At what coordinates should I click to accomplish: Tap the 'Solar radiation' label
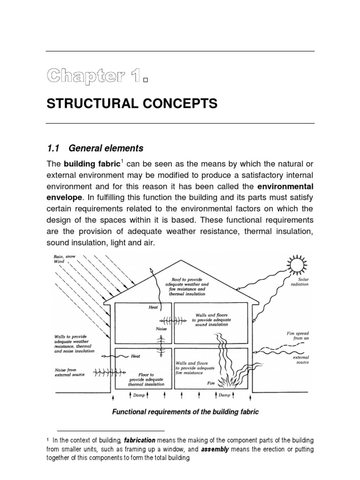(300, 282)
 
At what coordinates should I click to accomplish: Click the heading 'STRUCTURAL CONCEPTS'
(132, 104)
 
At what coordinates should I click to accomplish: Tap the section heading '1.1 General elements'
(95, 148)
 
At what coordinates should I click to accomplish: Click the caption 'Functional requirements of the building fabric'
(185, 412)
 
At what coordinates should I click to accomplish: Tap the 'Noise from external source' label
(68, 373)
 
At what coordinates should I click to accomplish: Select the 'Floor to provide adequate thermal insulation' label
(146, 380)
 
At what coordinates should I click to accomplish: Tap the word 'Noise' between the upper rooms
(161, 329)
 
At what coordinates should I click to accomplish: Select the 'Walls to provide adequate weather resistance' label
(74, 344)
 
